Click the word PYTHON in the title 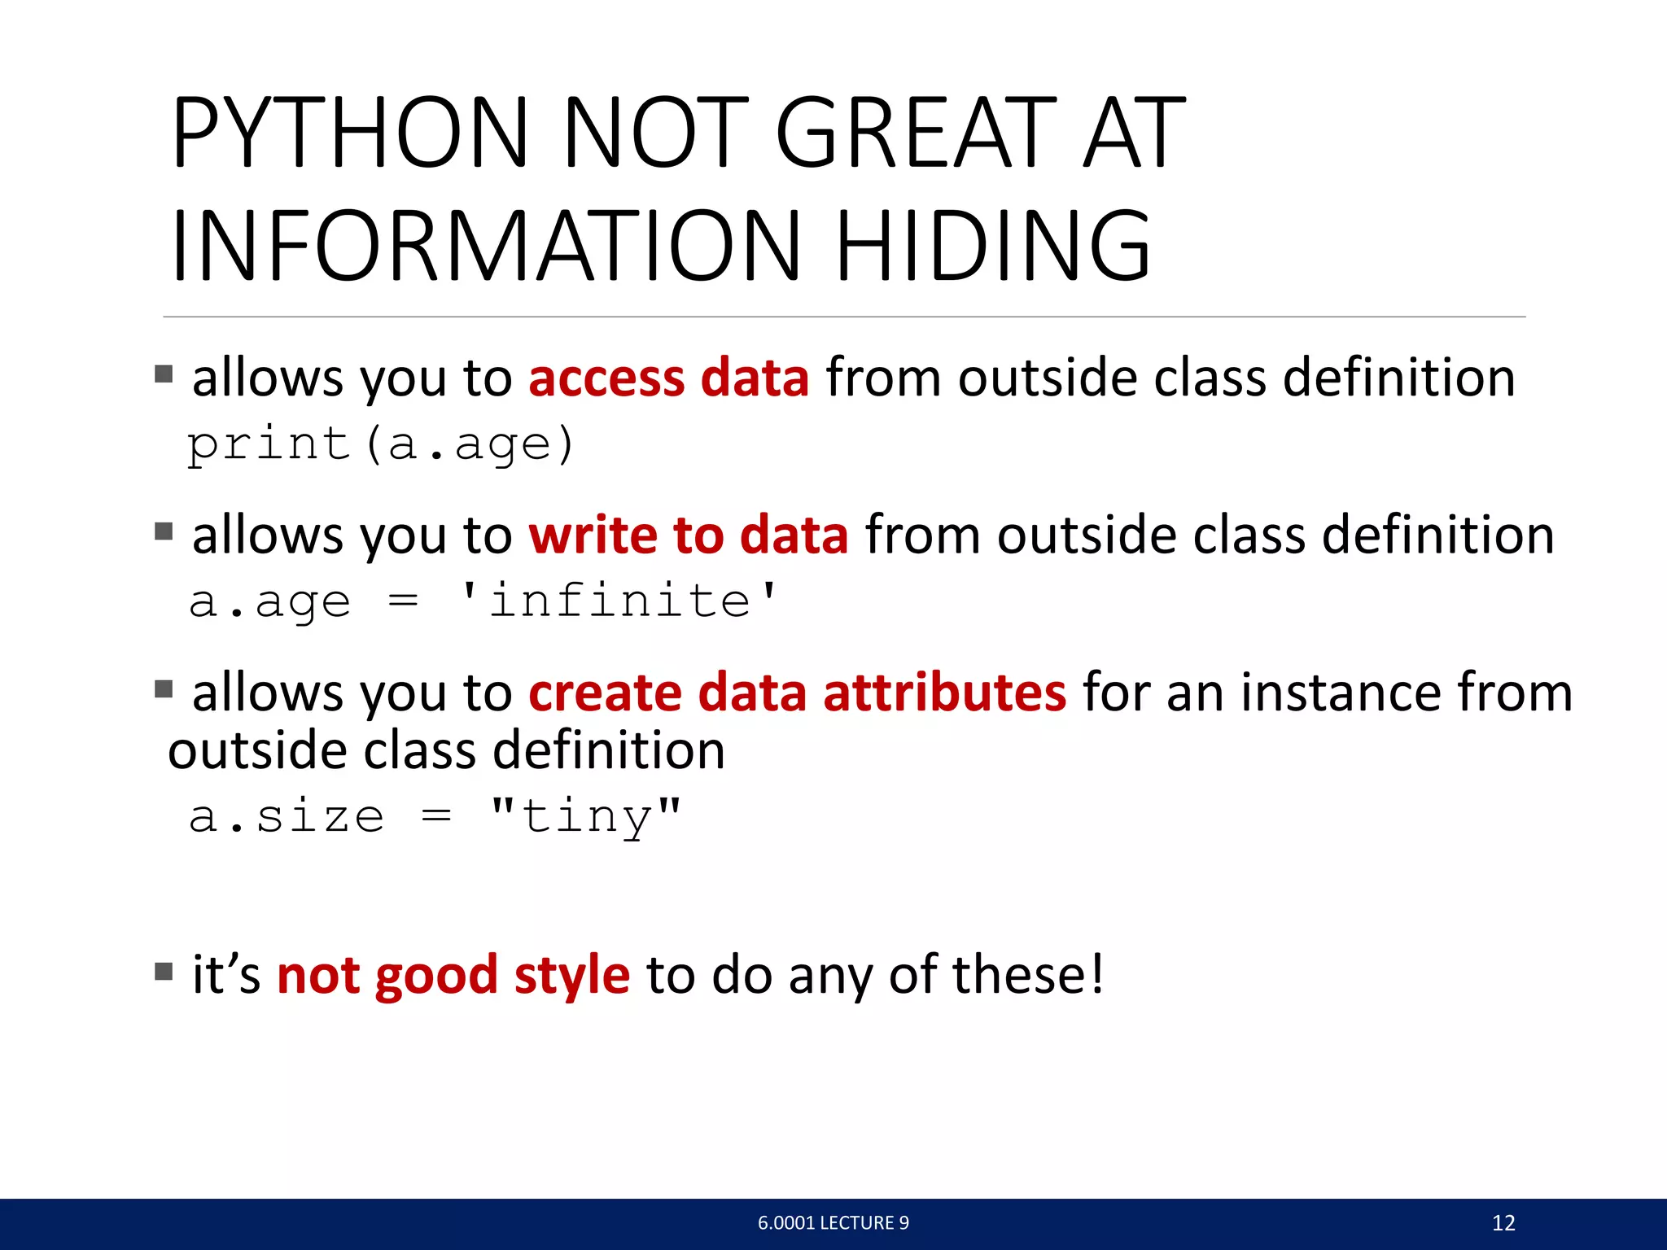coord(350,133)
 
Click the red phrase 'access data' coord(668,378)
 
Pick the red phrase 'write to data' coord(688,535)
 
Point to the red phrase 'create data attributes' coord(797,693)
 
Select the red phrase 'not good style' coord(453,974)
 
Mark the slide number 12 coord(1503,1222)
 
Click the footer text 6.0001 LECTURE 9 coord(833,1222)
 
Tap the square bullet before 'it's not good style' coord(164,971)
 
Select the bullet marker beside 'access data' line coord(164,374)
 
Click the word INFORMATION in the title coord(486,245)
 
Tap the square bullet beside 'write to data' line coord(164,531)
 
